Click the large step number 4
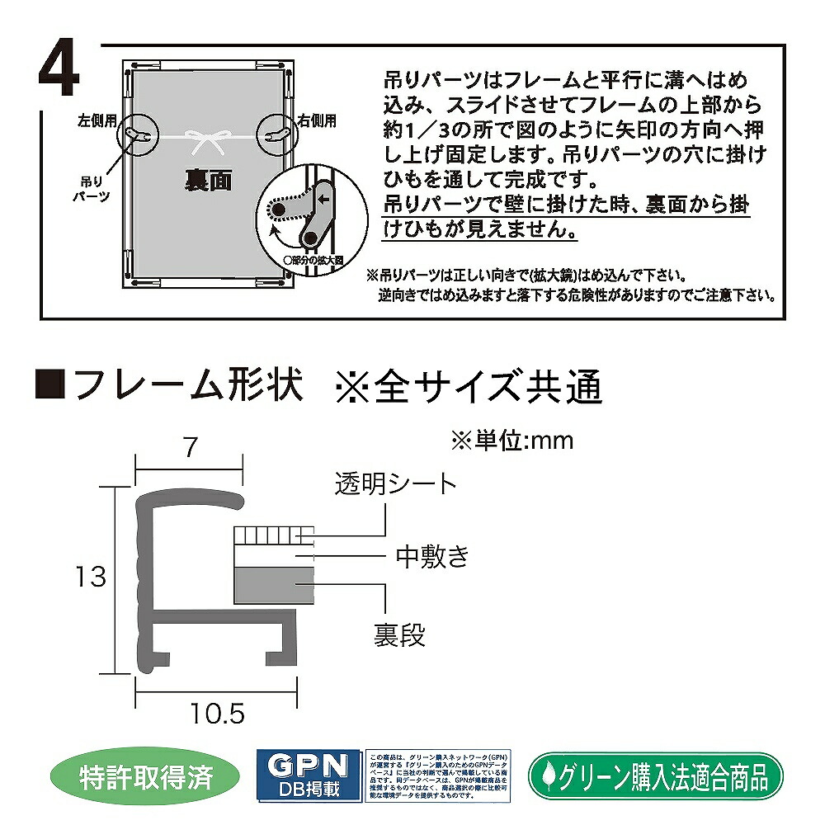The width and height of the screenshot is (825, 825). pos(59,73)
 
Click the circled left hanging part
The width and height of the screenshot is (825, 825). pos(141,134)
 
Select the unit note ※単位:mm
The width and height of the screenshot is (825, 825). pos(511,441)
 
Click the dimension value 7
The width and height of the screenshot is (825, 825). pos(190,447)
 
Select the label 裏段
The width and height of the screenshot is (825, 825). pos(398,634)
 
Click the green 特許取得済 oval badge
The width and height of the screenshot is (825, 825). pos(147,775)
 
